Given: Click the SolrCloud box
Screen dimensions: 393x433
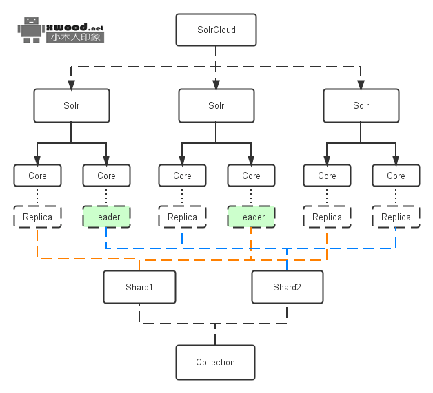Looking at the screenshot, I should click(x=216, y=30).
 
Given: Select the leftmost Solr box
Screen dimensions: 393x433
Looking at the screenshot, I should click(x=71, y=106).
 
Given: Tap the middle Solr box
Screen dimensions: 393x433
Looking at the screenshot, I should click(x=216, y=106).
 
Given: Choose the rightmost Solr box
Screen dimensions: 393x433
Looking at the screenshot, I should click(x=361, y=106).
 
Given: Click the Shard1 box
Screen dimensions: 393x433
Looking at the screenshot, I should click(x=139, y=287).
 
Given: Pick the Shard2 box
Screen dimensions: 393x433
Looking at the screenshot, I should click(x=287, y=287).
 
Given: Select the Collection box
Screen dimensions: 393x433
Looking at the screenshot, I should click(x=215, y=362).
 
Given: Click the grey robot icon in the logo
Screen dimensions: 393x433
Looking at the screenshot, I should click(x=32, y=30).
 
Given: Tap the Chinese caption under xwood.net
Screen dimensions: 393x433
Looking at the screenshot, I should click(x=75, y=37).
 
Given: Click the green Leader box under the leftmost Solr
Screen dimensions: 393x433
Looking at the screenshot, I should click(x=106, y=217).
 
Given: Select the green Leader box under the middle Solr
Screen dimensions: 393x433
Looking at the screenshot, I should click(x=251, y=217).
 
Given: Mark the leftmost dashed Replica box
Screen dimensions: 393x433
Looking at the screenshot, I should click(x=37, y=217).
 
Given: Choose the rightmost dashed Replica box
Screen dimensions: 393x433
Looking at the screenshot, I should click(x=396, y=217).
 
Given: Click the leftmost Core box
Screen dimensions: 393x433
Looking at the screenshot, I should click(x=37, y=176).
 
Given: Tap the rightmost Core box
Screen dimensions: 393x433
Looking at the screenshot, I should click(x=396, y=176).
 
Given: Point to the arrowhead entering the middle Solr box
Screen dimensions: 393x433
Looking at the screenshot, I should click(x=216, y=85).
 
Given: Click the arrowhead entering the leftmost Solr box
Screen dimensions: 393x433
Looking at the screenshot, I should click(x=71, y=85).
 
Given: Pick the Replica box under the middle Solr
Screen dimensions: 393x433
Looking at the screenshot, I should click(x=182, y=217).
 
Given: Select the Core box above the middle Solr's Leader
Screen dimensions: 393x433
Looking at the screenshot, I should click(x=251, y=176).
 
